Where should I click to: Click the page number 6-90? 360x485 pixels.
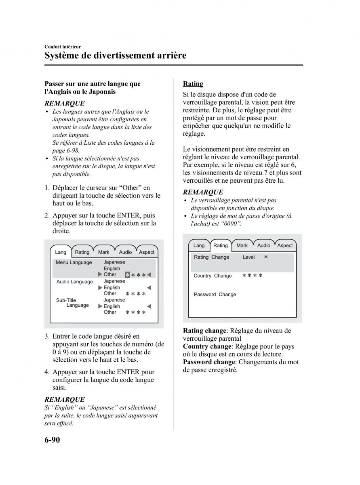pyautogui.click(x=52, y=440)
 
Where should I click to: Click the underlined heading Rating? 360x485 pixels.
pyautogui.click(x=193, y=84)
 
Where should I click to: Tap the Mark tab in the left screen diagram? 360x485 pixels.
pyautogui.click(x=103, y=252)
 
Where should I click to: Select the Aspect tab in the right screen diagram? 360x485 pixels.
pyautogui.click(x=285, y=245)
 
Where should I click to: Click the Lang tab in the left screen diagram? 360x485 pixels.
pyautogui.click(x=61, y=252)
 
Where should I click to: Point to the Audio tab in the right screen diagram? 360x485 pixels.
pyautogui.click(x=264, y=245)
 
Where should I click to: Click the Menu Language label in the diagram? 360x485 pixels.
pyautogui.click(x=74, y=262)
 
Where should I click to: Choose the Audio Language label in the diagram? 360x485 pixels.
pyautogui.click(x=74, y=282)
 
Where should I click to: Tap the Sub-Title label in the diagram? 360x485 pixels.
pyautogui.click(x=66, y=300)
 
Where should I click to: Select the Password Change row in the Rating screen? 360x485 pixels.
pyautogui.click(x=215, y=295)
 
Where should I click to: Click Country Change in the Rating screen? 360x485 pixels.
pyautogui.click(x=213, y=276)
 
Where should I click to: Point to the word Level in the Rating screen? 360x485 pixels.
pyautogui.click(x=249, y=257)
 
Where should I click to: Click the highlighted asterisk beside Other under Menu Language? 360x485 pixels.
pyautogui.click(x=128, y=275)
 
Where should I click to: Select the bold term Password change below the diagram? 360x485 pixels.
pyautogui.click(x=208, y=362)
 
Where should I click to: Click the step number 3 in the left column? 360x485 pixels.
pyautogui.click(x=47, y=336)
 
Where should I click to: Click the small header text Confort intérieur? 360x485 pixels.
pyautogui.click(x=63, y=47)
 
